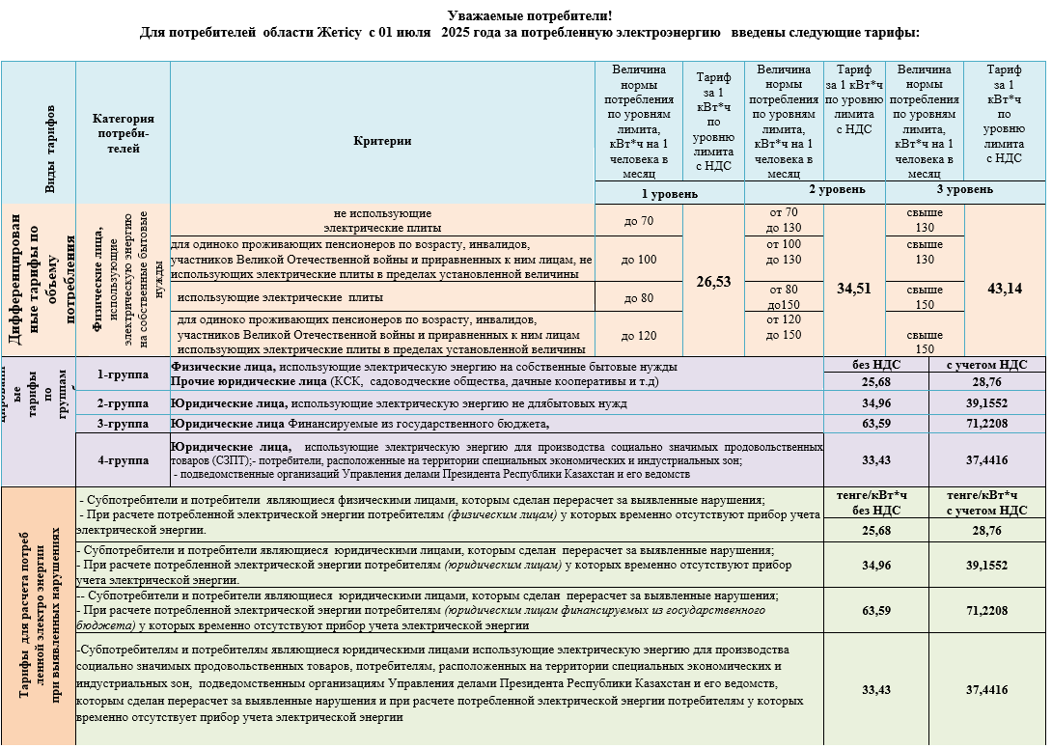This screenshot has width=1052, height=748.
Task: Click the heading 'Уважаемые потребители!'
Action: click(x=530, y=16)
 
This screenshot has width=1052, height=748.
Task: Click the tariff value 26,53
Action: click(x=713, y=282)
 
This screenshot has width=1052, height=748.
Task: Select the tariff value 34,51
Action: click(x=854, y=288)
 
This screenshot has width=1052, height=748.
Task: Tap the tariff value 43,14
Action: click(x=1005, y=288)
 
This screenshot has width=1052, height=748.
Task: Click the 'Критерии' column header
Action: click(x=382, y=141)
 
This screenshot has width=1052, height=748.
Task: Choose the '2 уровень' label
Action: click(x=817, y=190)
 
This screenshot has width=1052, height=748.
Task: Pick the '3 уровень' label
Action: click(x=965, y=190)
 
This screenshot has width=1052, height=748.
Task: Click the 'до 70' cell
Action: click(x=638, y=220)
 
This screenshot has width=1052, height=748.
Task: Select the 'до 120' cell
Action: click(x=638, y=335)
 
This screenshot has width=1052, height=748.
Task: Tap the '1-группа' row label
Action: click(x=123, y=374)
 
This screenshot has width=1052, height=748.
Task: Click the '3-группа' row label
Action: click(x=123, y=424)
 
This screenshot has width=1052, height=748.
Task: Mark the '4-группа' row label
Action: click(x=123, y=459)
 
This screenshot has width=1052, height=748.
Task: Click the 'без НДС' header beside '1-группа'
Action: click(x=875, y=366)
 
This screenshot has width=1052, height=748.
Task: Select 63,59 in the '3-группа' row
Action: click(x=875, y=424)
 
